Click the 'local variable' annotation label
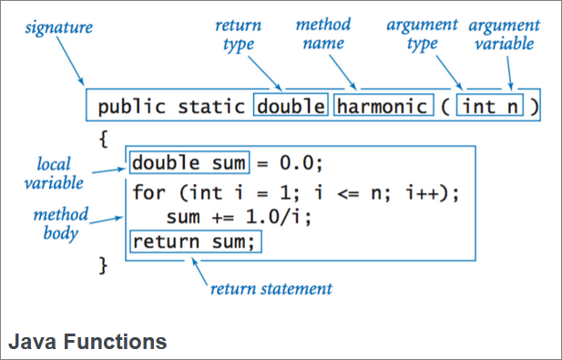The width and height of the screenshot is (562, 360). point(59,173)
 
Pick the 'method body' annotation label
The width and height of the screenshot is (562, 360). point(61,223)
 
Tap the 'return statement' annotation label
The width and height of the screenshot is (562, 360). point(271,290)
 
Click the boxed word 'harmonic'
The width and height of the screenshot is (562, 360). point(382,107)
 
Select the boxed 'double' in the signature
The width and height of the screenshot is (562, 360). point(291,107)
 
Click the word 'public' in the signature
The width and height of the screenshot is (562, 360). point(128,107)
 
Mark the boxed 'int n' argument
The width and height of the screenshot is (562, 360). point(491,107)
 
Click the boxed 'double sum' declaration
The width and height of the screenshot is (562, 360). point(189,164)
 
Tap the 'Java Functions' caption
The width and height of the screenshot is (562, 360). point(87,342)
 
